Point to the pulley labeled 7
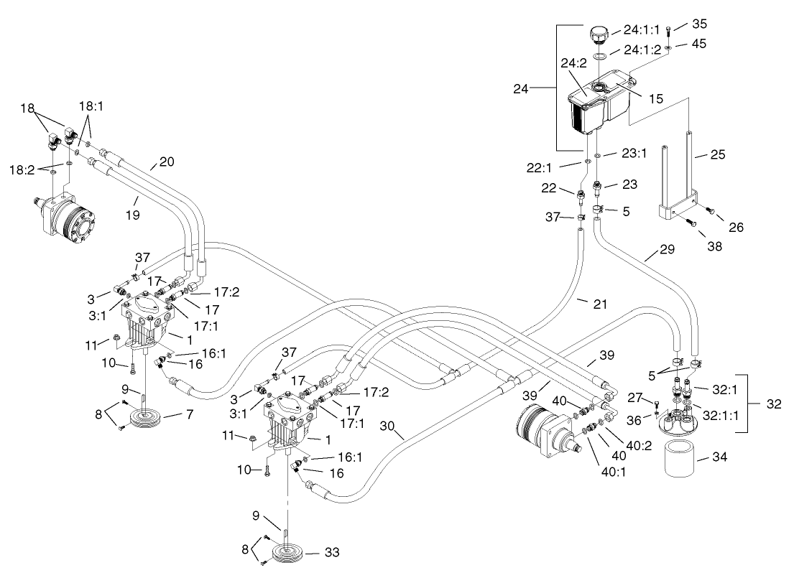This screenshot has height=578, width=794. pyautogui.click(x=143, y=418)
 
